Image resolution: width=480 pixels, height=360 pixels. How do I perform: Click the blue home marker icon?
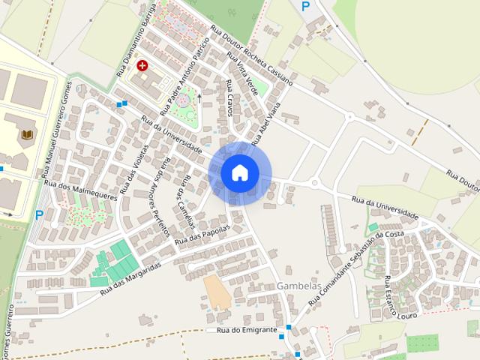[x=240, y=173]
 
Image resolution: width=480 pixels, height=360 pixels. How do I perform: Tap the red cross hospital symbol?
[x=140, y=66]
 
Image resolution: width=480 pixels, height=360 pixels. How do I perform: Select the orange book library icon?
[x=28, y=134]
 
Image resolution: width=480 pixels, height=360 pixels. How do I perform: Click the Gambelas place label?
[x=298, y=286]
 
